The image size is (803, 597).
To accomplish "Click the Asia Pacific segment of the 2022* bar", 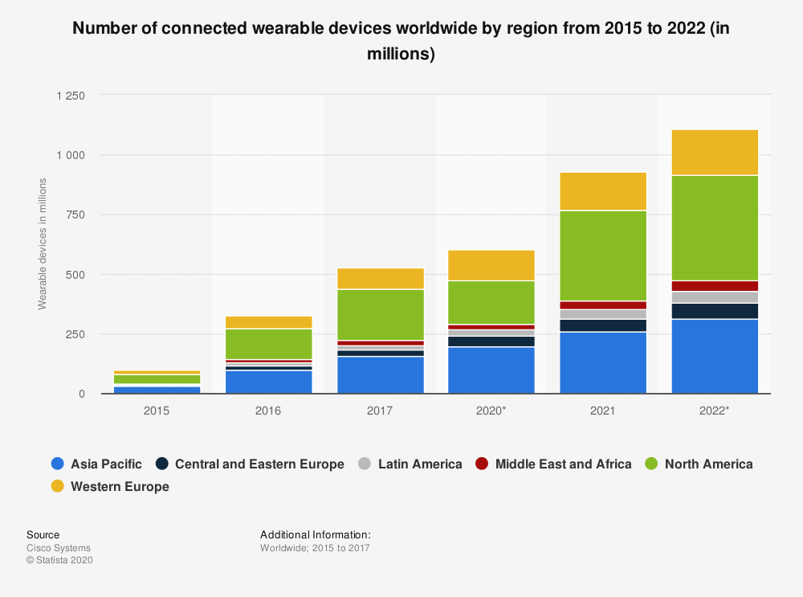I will click(715, 356).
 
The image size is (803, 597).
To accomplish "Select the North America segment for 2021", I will click(603, 256).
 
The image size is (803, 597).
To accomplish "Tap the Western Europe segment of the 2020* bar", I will click(491, 265).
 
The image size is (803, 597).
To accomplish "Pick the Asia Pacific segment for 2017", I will click(381, 374).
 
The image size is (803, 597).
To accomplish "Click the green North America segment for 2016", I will click(269, 344).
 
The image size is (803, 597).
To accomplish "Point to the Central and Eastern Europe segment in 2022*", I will click(715, 311).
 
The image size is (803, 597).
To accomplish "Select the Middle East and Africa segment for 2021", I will click(603, 305).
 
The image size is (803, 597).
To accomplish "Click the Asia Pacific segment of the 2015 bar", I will click(157, 390).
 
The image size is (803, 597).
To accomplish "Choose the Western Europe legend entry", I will click(120, 486).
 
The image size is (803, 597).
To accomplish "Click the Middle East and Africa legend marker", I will click(482, 464).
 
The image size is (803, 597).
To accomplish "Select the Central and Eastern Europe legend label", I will click(259, 464).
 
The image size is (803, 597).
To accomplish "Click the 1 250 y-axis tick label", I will click(70, 96).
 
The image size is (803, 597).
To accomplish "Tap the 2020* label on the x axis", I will click(491, 411).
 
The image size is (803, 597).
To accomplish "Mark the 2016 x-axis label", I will click(269, 411).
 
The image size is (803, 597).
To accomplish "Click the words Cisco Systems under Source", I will click(59, 548).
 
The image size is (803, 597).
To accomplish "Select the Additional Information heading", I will click(315, 534).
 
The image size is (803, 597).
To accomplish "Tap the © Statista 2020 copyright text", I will click(60, 561).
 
